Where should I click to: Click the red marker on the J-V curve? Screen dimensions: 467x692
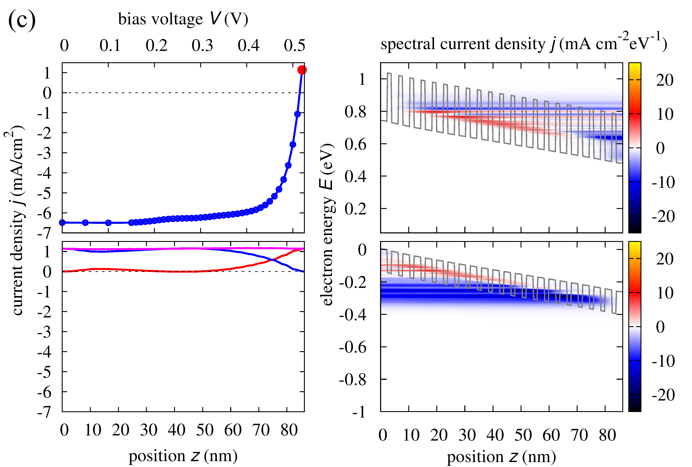pos(302,70)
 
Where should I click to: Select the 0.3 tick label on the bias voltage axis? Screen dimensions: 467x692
pos(202,46)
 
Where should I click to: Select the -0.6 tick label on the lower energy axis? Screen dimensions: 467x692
pos(353,347)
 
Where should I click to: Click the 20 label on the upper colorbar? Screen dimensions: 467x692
pos(665,80)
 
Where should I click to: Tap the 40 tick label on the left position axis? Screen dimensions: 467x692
pos(176,430)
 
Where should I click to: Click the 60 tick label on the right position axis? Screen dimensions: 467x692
pos(551,435)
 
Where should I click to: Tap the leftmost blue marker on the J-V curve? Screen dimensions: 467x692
pos(62,222)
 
